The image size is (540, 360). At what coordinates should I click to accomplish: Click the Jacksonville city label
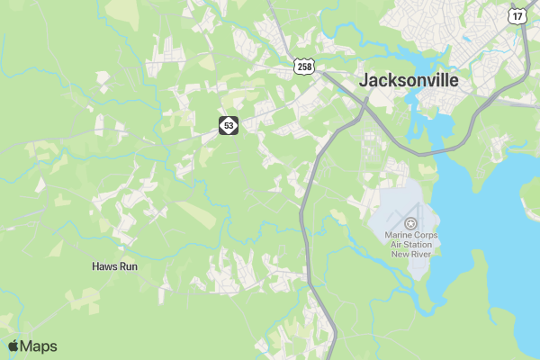click(409, 80)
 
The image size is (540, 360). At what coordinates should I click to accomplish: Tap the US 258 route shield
click(304, 67)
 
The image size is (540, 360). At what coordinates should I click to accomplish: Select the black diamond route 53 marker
click(229, 126)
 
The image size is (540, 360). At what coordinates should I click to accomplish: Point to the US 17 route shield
click(517, 16)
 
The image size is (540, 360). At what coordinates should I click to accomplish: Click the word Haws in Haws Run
click(104, 266)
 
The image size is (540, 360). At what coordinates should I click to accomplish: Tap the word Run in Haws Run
click(128, 266)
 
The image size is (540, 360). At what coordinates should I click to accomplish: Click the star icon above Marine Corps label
click(410, 222)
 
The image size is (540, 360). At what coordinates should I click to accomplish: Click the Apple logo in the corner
click(13, 346)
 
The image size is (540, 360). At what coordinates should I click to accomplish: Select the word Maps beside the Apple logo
click(38, 346)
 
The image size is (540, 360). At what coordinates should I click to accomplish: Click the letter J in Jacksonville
click(364, 80)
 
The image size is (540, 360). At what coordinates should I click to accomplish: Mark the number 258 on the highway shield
click(304, 67)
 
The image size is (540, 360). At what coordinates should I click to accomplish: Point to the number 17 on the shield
click(517, 17)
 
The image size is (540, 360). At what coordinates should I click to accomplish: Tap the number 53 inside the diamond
click(229, 126)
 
